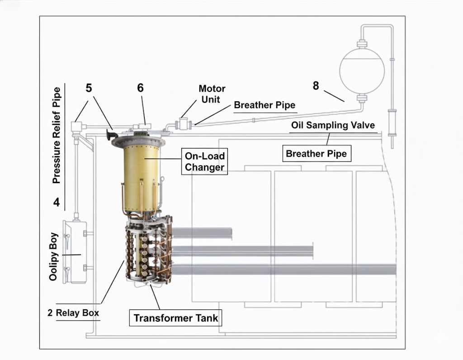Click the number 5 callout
click(89, 88)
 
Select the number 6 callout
click(141, 88)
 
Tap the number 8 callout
click(316, 85)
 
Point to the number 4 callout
click(57, 202)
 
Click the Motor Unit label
click(212, 94)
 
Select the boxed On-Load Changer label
click(204, 161)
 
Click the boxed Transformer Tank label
click(176, 318)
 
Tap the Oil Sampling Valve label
click(333, 125)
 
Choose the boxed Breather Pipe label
click(317, 154)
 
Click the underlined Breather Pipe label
click(265, 105)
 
